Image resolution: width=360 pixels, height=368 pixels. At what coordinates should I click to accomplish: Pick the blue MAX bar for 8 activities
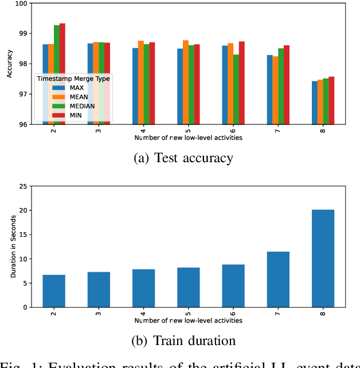[315, 103]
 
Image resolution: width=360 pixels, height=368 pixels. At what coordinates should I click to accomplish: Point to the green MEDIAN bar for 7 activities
[281, 86]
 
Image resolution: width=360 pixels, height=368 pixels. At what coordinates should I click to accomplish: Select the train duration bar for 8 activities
[323, 259]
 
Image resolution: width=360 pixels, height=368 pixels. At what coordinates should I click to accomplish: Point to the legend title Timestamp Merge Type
[74, 79]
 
